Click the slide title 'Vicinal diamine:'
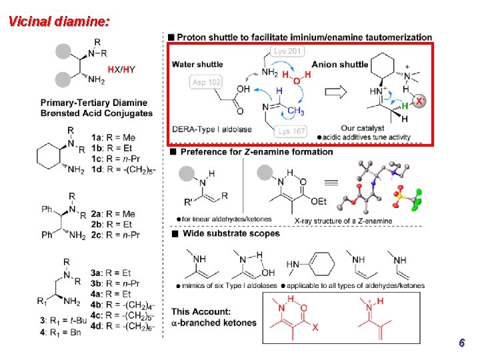[x=59, y=21]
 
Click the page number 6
[x=461, y=343]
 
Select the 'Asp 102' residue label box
[x=205, y=82]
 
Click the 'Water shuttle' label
[x=197, y=65]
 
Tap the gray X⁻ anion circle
[x=419, y=101]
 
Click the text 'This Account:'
[x=201, y=311]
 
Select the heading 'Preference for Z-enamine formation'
[x=256, y=152]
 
